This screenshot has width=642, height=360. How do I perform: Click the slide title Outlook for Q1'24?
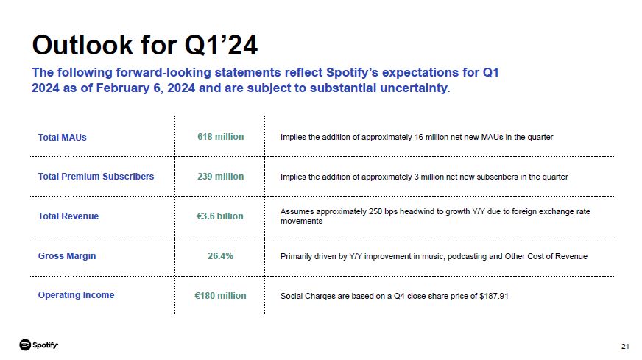(x=144, y=45)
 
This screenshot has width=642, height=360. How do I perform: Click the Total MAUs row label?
(x=63, y=138)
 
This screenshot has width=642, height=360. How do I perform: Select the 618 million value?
(x=220, y=137)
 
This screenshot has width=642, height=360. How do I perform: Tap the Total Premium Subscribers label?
(x=96, y=177)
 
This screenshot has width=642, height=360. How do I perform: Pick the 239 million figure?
(x=220, y=177)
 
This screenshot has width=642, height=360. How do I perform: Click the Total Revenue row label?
(x=68, y=216)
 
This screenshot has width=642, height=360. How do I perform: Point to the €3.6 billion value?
(x=220, y=216)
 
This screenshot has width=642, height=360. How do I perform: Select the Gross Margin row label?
(x=67, y=256)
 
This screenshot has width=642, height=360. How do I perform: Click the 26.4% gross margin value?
(x=220, y=256)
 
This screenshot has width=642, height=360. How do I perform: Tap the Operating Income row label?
(x=76, y=295)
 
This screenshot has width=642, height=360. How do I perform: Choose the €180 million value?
(x=220, y=296)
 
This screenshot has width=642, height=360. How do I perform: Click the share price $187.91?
(x=493, y=296)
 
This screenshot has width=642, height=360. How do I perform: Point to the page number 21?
(x=626, y=347)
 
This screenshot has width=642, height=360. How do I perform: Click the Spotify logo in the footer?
(x=39, y=345)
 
